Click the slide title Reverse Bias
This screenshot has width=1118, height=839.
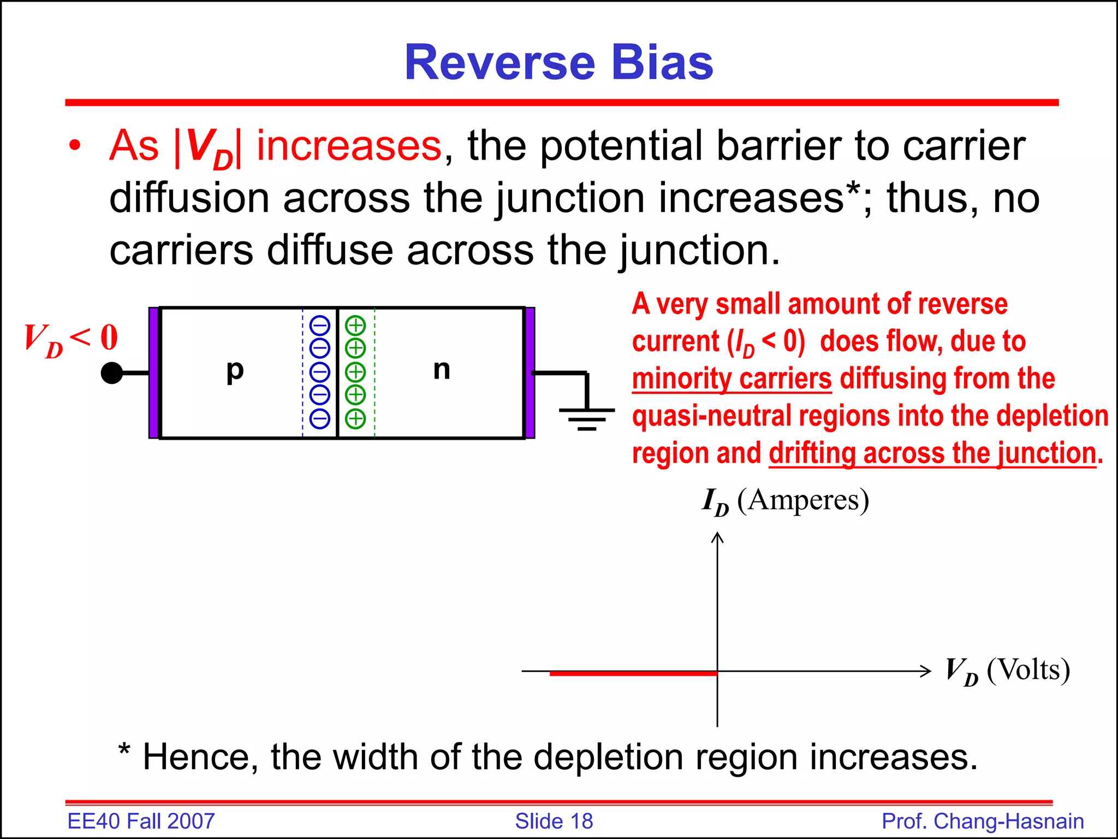point(558,63)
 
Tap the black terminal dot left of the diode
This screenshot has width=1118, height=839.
point(112,373)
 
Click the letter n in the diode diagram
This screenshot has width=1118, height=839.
point(442,370)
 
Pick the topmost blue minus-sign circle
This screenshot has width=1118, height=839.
point(320,326)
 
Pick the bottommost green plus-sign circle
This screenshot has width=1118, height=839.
point(355,419)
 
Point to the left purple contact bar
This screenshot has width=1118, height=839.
point(154,373)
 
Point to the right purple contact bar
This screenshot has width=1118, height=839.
point(530,373)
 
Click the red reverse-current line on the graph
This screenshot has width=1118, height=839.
point(633,673)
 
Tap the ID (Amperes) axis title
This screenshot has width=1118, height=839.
point(785,500)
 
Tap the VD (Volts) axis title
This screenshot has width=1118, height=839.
point(1007,670)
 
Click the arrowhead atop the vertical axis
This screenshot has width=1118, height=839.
point(717,538)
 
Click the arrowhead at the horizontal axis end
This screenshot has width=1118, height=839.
point(926,671)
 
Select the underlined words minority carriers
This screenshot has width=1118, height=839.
point(732,379)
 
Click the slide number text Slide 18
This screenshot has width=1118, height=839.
point(554,821)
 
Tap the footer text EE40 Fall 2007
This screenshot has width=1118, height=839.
point(141,821)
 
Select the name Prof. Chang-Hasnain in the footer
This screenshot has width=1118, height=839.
point(983,821)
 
